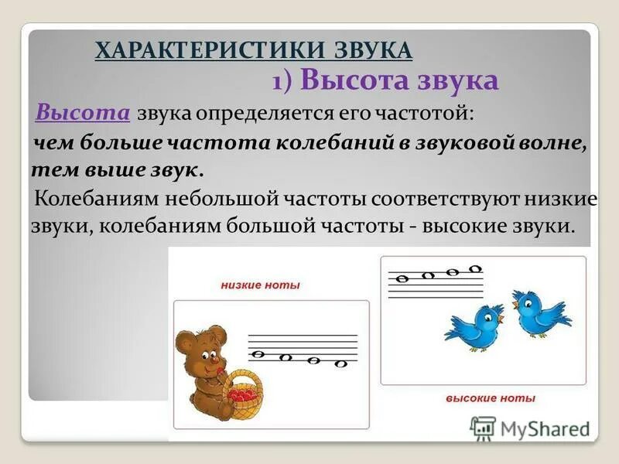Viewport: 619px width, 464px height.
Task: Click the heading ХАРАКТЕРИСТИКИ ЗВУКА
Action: [x=253, y=50]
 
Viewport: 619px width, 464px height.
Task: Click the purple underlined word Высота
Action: [x=83, y=113]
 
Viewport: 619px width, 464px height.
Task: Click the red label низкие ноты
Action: [x=260, y=285]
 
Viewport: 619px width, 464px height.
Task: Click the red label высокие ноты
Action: [x=491, y=398]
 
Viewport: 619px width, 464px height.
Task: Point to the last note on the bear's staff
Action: [x=339, y=363]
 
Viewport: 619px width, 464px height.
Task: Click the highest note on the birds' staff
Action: [x=476, y=268]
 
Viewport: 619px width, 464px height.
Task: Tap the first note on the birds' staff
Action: [x=402, y=278]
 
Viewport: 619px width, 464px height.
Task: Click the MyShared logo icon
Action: [x=483, y=428]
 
